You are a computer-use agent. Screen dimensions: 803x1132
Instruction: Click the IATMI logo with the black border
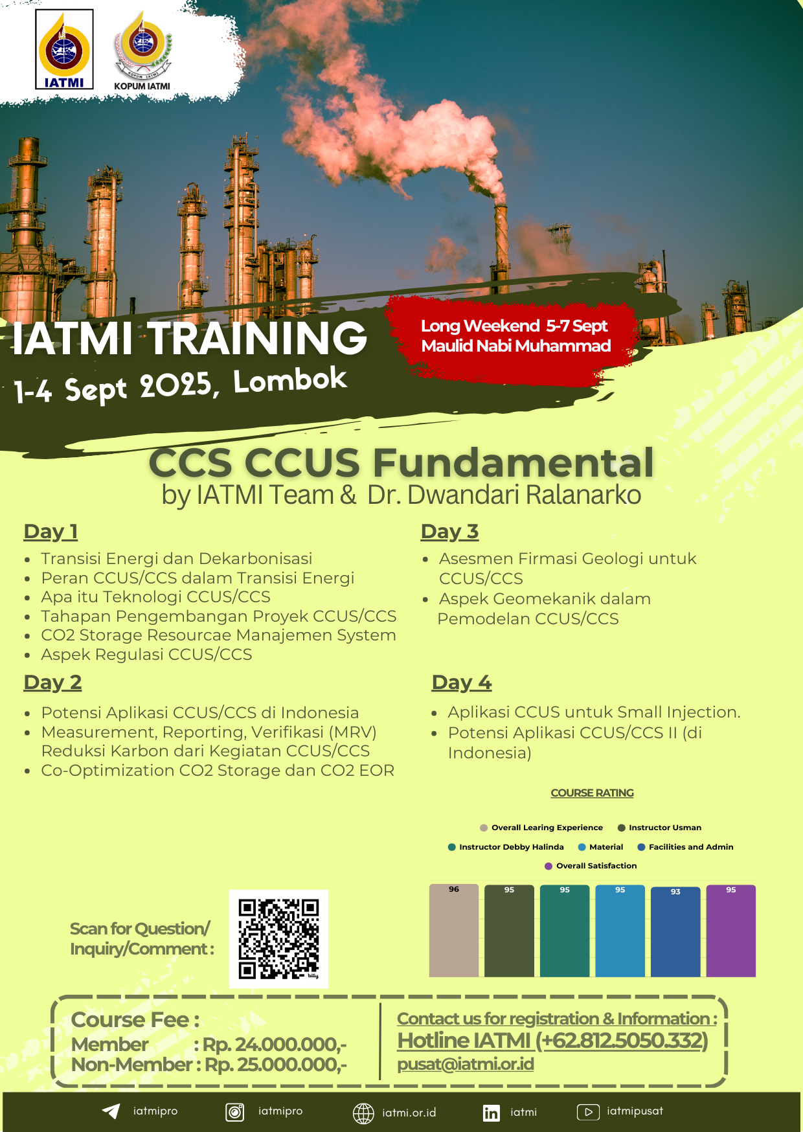pos(64,49)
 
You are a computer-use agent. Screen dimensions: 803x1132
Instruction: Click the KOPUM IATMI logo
pos(142,51)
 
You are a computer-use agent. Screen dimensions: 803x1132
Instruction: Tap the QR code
pos(278,939)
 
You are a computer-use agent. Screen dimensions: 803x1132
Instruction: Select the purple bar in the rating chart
pos(730,931)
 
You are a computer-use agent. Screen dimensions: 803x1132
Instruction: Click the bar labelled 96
pos(454,930)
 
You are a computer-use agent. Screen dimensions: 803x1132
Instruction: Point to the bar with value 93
pos(675,931)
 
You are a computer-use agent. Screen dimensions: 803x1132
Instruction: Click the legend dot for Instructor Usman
pos(622,828)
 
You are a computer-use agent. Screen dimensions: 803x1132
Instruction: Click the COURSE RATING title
pos(593,793)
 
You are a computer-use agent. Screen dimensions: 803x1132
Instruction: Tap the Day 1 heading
pos(51,532)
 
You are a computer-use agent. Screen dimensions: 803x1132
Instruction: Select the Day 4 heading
pos(462,683)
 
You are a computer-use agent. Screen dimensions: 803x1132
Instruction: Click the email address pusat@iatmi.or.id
pos(466,1064)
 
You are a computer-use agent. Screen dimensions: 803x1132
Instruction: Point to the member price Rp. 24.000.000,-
pos(275,1045)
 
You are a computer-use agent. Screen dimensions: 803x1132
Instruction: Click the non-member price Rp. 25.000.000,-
pos(276,1065)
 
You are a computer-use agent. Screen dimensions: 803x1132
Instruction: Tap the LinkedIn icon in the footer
pos(491,1113)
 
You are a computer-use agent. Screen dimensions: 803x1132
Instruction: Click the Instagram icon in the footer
pos(234,1112)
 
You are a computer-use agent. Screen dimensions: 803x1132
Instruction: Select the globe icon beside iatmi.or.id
pos(363,1113)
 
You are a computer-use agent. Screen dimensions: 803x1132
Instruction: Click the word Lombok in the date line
pos(290,381)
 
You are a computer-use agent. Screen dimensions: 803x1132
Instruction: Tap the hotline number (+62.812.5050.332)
pos(622,1041)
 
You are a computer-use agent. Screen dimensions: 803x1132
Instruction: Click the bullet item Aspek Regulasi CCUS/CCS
pos(146,655)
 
